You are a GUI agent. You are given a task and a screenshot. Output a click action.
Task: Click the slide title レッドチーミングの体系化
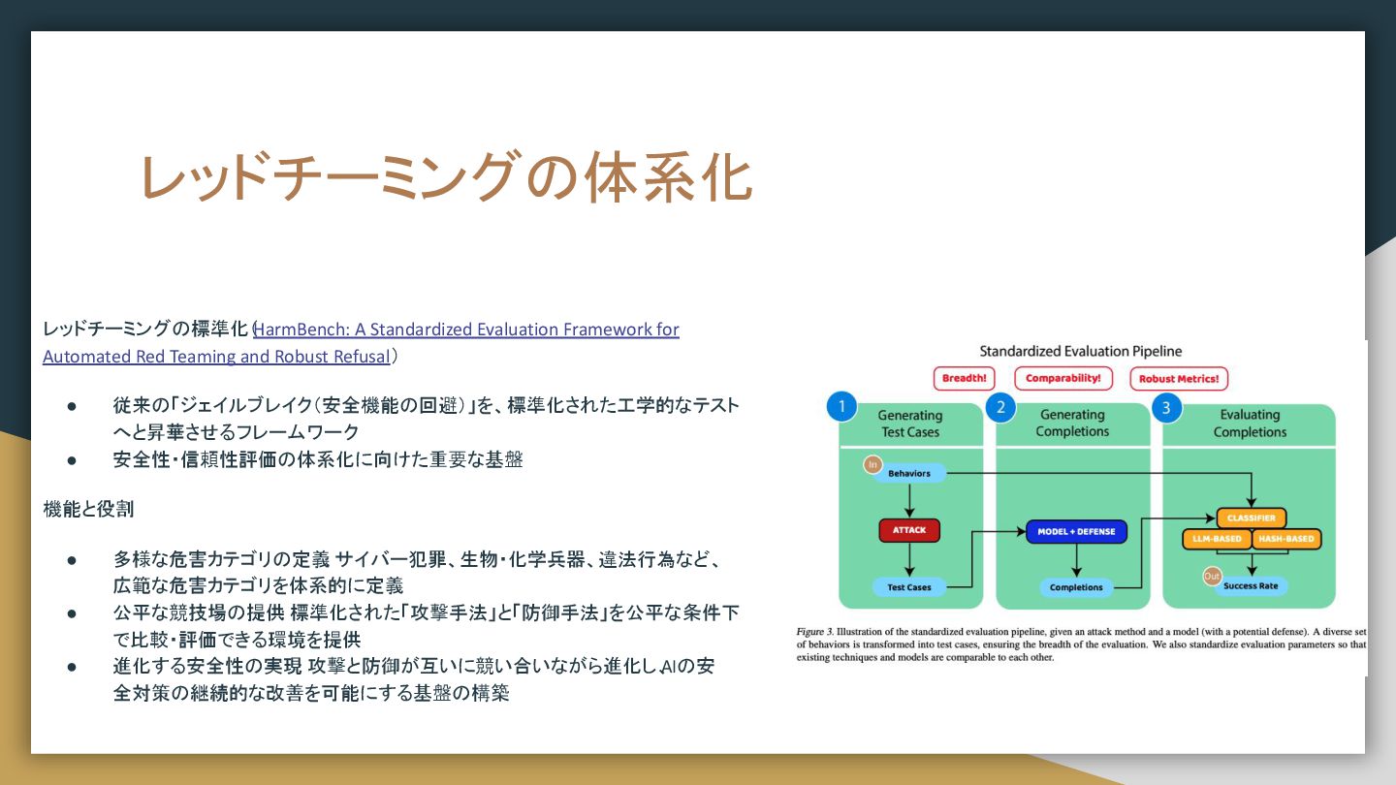tap(446, 177)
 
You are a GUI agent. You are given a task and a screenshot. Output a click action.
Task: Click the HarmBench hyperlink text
tap(465, 330)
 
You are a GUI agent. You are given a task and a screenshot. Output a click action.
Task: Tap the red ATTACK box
tap(909, 530)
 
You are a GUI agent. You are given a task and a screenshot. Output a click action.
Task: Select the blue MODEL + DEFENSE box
tap(1076, 531)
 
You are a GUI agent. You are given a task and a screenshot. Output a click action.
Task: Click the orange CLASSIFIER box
tap(1251, 518)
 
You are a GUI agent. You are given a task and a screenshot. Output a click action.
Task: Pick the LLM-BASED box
tap(1217, 539)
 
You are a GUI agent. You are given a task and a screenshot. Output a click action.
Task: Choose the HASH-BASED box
tap(1286, 539)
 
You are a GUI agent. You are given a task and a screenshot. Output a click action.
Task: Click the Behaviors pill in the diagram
tap(908, 474)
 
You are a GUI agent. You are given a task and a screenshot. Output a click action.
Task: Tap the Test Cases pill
tap(909, 587)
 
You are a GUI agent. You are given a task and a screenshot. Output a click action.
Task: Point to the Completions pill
tap(1076, 587)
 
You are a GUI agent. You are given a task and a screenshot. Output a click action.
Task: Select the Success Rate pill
tap(1251, 586)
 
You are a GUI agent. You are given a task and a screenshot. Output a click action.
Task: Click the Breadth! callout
tap(964, 379)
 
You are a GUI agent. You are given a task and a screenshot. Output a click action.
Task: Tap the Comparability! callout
tap(1063, 379)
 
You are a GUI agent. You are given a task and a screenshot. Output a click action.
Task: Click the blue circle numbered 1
tap(841, 407)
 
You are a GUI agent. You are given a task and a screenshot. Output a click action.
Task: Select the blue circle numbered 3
tap(1165, 407)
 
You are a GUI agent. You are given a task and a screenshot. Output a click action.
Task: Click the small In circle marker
tap(872, 465)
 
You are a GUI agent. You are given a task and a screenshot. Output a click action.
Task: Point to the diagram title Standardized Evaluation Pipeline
tap(1080, 351)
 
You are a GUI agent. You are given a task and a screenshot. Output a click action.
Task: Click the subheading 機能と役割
tap(89, 508)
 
